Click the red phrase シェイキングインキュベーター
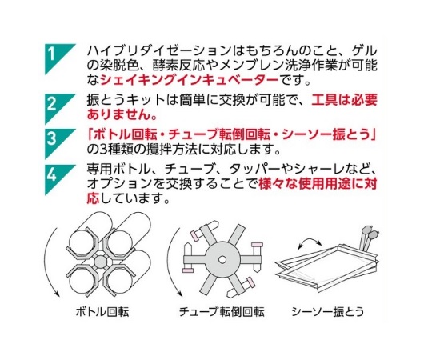click(x=190, y=80)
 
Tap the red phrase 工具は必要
click(x=344, y=100)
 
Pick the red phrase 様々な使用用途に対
click(x=318, y=184)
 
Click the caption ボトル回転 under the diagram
click(x=102, y=311)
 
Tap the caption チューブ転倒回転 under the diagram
click(x=222, y=311)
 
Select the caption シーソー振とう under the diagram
click(x=328, y=311)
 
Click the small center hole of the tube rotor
click(x=222, y=259)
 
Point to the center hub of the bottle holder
click(x=99, y=261)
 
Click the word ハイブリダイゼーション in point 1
click(x=158, y=51)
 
